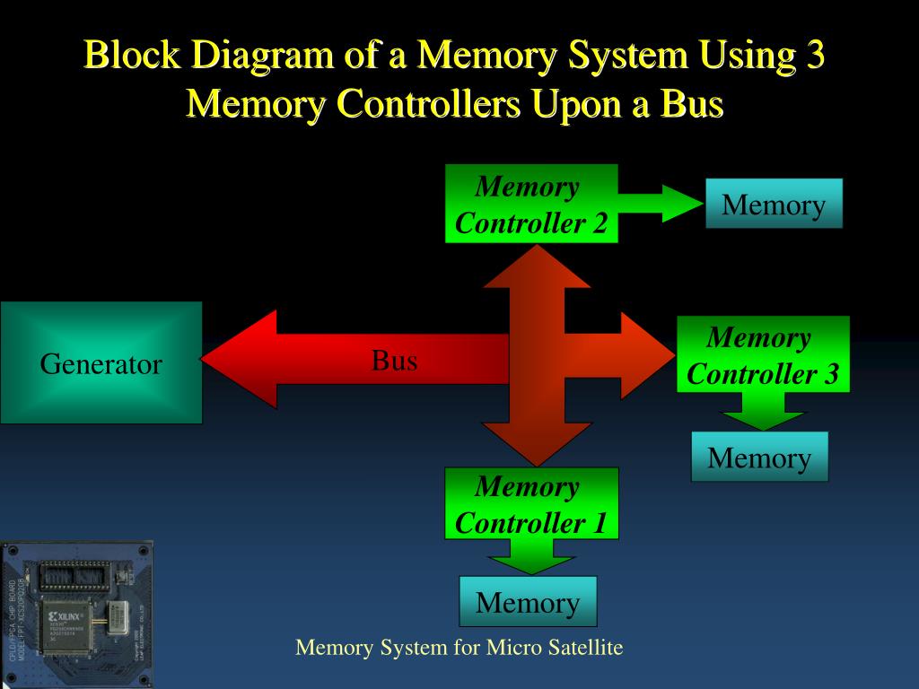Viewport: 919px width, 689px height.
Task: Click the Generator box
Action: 101,362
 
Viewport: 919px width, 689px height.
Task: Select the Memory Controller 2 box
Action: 531,204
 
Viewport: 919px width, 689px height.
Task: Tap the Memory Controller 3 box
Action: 762,354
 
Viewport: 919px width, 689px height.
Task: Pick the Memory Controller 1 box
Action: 531,503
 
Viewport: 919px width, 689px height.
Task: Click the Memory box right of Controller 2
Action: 774,204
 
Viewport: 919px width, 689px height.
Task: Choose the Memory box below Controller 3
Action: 759,457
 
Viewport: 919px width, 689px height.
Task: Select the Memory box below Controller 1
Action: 528,601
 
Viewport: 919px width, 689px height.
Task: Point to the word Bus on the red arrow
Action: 395,361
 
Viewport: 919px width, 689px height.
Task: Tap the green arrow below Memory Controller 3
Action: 764,411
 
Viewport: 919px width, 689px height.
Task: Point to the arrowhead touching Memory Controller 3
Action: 646,355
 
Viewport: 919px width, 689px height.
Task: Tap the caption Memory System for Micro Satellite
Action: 459,647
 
